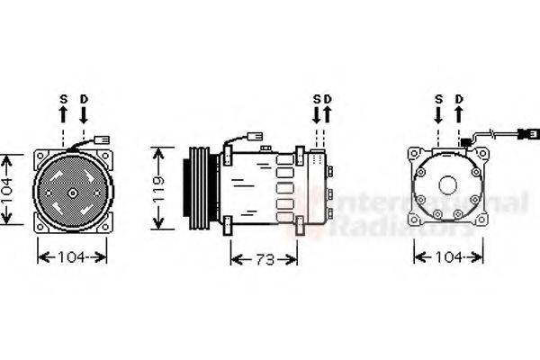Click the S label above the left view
63,98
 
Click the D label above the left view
83,98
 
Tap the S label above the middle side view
317,98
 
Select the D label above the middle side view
328,98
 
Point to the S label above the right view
438,98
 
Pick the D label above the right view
459,98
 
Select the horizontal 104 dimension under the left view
72,257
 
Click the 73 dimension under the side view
264,259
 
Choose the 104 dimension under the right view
448,257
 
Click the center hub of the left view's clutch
72,193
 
